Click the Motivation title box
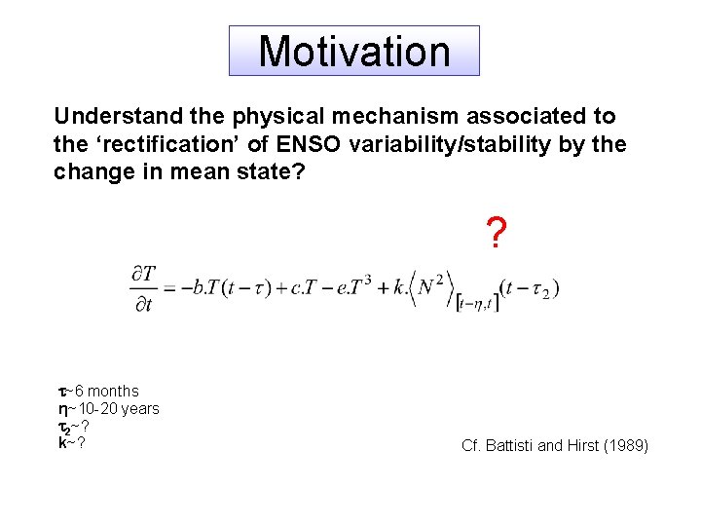[x=354, y=51]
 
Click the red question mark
[x=496, y=234]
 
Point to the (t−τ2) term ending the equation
[x=529, y=289]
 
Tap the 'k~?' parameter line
[x=70, y=443]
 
